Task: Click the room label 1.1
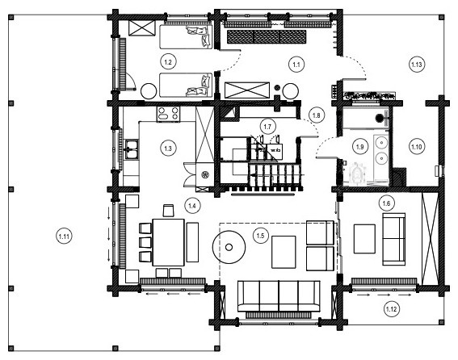pyautogui.click(x=296, y=62)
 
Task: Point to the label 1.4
pyautogui.click(x=192, y=206)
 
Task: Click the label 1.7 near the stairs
pyautogui.click(x=267, y=126)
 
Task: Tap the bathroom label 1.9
pyautogui.click(x=360, y=146)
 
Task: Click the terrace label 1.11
pyautogui.click(x=64, y=236)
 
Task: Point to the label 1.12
pyautogui.click(x=391, y=308)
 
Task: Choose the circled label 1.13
pyautogui.click(x=417, y=64)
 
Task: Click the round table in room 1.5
pyautogui.click(x=229, y=244)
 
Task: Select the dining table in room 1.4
pyautogui.click(x=170, y=241)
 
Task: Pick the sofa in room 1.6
pyautogui.click(x=396, y=239)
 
